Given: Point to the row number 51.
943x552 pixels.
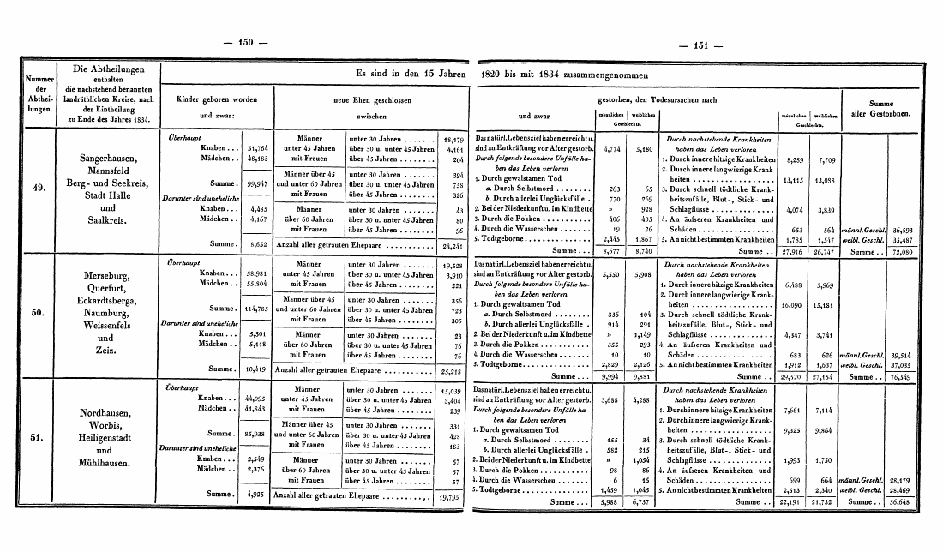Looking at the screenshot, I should click(x=37, y=441).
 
